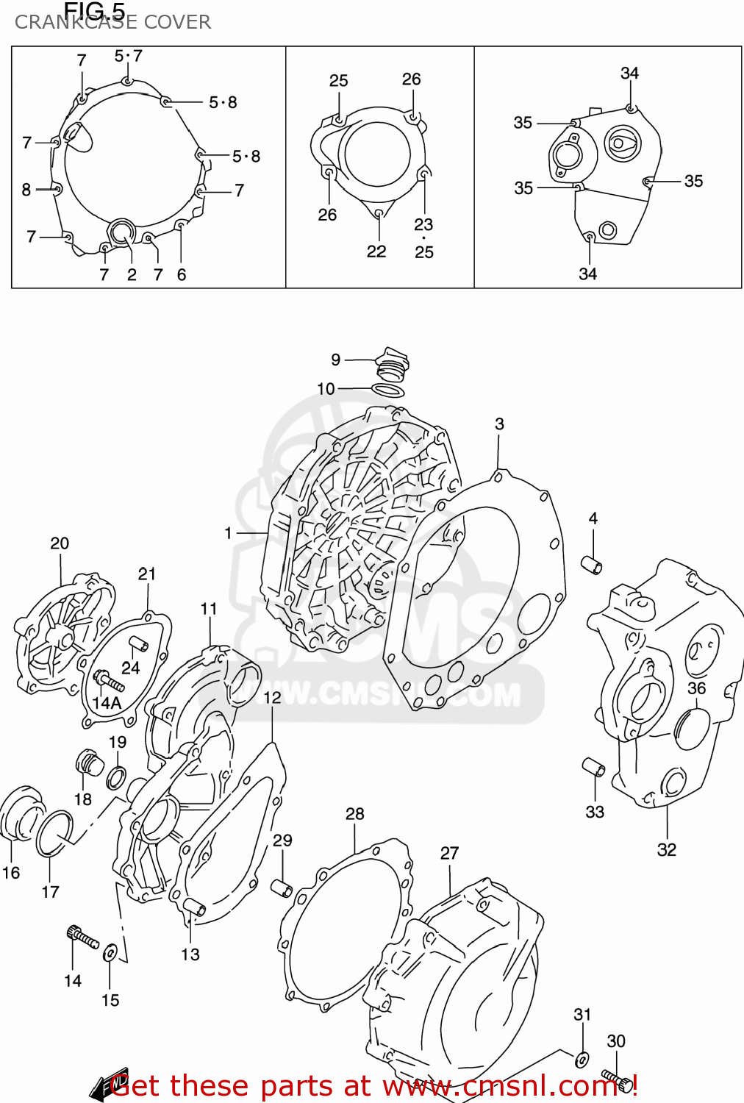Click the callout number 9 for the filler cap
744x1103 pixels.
(335, 360)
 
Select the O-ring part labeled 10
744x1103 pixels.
(387, 390)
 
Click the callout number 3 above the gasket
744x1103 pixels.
(499, 424)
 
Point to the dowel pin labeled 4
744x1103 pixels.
(592, 565)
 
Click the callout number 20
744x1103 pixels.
(60, 543)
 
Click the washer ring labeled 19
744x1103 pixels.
(116, 777)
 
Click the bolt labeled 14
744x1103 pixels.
(82, 938)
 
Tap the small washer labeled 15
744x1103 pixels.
(110, 953)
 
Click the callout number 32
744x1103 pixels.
(666, 849)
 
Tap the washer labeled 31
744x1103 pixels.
(582, 1060)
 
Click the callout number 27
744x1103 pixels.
(449, 853)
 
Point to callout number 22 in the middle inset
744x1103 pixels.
(376, 251)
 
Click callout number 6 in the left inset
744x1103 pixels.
(182, 274)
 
